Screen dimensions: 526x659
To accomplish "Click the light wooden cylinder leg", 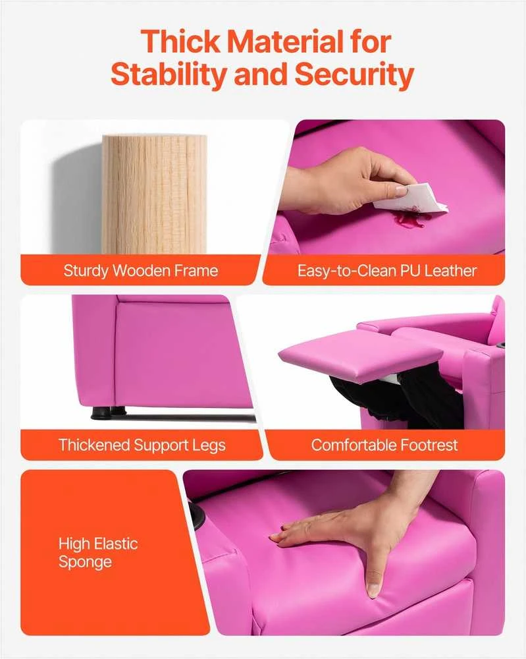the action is tap(154, 194).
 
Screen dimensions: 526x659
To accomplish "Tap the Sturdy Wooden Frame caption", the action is tap(141, 270).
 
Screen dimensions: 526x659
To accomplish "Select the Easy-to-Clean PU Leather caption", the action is tap(387, 271).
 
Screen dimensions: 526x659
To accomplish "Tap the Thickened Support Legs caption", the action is tap(142, 445).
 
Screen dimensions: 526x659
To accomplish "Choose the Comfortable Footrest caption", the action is tap(384, 445).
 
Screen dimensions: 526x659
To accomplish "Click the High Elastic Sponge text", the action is tap(98, 553).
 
